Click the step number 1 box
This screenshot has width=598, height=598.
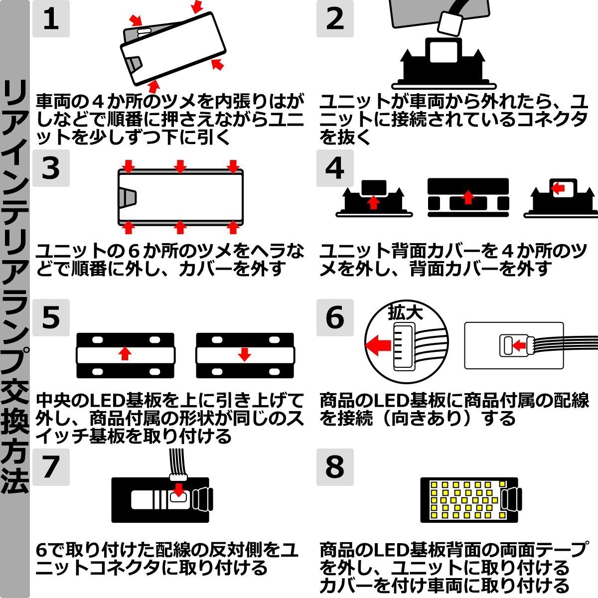(51, 19)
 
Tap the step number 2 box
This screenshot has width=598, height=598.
(335, 19)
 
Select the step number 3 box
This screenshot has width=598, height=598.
(51, 168)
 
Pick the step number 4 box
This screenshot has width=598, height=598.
(335, 168)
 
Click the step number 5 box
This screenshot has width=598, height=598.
(51, 318)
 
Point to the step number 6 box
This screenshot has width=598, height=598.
(335, 318)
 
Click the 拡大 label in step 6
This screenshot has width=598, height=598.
(405, 312)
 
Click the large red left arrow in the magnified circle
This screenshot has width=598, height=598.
(378, 344)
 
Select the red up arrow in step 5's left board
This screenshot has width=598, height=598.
(125, 354)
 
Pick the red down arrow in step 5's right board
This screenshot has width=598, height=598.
(244, 354)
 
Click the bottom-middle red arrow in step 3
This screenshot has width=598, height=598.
(180, 228)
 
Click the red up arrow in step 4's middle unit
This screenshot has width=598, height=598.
(467, 197)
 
